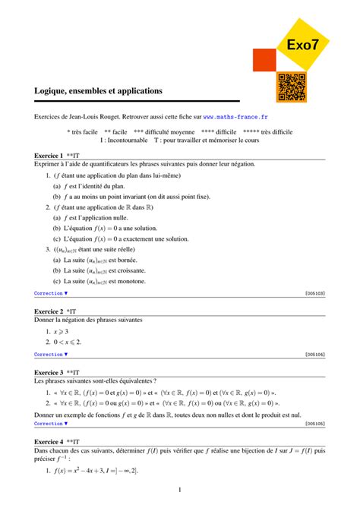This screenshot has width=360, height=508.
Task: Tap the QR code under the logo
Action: pos(292,87)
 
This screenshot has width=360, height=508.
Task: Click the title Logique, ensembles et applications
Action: pos(99,90)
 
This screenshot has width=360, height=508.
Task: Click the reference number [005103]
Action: pos(314,292)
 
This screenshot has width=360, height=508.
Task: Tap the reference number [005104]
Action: pos(314,354)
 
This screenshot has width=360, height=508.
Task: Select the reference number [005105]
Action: pos(314,423)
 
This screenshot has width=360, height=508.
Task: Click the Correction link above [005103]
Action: pos(51,292)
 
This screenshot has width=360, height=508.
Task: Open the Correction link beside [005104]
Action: pos(51,354)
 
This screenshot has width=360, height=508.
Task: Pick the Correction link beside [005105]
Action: pos(51,423)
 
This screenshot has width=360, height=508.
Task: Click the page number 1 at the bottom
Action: pos(179,490)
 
